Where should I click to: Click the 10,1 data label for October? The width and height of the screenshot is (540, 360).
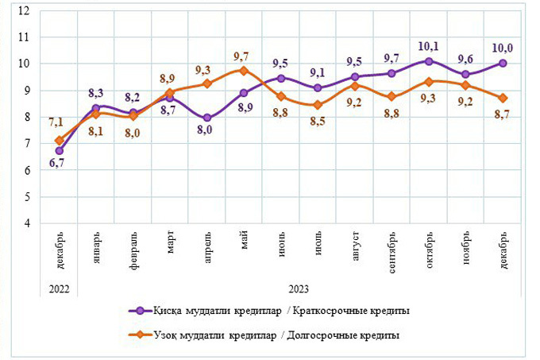(430, 46)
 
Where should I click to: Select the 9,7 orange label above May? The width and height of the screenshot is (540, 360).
(245, 56)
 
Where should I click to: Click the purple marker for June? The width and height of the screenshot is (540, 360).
(281, 78)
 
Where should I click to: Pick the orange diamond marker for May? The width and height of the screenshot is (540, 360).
(245, 70)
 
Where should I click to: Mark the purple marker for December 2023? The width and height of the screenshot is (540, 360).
(503, 64)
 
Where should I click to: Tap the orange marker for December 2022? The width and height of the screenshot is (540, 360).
(59, 141)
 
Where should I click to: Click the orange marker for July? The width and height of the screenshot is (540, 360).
(318, 105)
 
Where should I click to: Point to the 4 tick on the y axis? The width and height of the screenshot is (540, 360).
(27, 223)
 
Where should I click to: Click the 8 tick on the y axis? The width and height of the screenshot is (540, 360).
(27, 117)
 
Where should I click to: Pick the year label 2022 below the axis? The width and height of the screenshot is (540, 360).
(59, 289)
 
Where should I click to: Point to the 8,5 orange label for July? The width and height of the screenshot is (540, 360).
(318, 122)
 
